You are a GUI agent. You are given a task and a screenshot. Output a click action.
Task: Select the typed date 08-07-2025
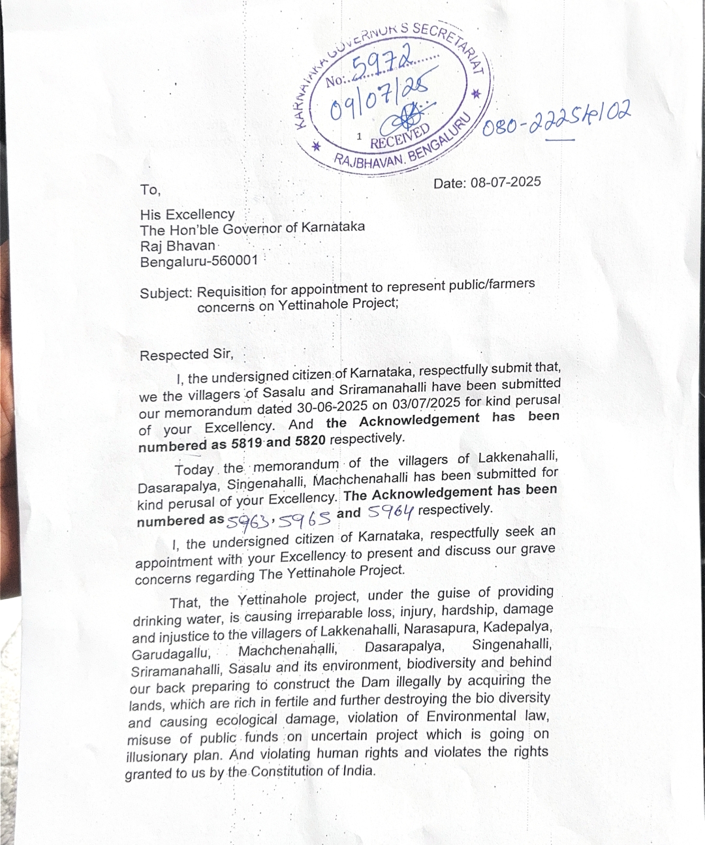[x=505, y=183]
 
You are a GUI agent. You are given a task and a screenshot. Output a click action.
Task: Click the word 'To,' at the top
[x=149, y=190]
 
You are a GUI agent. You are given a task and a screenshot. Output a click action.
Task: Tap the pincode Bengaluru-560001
[x=198, y=261]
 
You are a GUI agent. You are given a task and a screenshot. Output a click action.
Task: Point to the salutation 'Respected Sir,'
[x=186, y=354]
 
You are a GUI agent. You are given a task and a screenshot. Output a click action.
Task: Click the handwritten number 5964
[x=390, y=513]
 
